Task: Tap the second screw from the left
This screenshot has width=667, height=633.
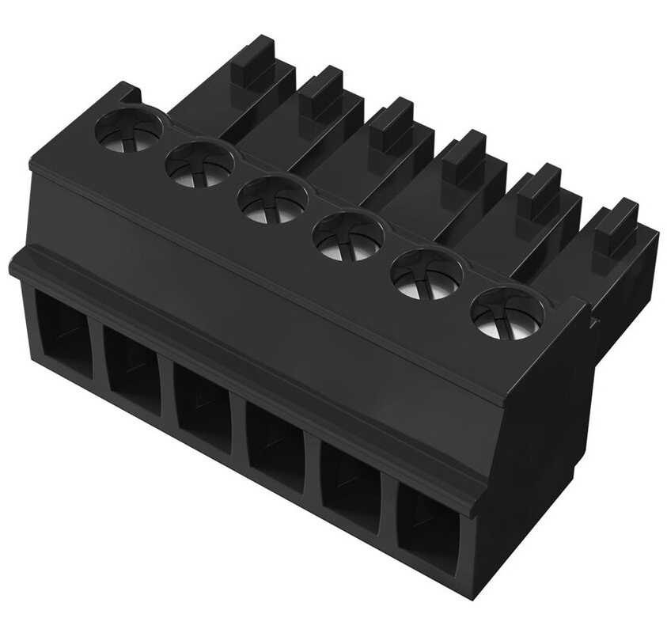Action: click(199, 165)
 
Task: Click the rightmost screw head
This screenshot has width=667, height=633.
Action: click(507, 313)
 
